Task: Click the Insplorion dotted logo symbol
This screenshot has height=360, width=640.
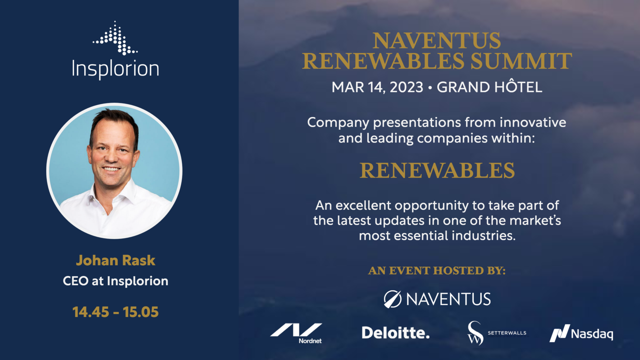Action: [115, 38]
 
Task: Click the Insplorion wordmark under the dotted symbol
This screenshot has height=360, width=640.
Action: [115, 69]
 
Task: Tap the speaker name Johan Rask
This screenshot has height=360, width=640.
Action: [115, 260]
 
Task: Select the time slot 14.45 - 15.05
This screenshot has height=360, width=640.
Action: [115, 312]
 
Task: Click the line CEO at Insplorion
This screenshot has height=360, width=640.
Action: [115, 281]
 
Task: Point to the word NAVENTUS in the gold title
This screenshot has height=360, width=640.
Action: [437, 41]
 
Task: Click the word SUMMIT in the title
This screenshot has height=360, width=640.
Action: [521, 61]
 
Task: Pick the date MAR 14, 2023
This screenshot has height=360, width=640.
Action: [377, 87]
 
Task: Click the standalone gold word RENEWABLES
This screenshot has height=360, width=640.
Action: [437, 170]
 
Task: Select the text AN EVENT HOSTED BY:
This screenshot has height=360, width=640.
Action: [437, 270]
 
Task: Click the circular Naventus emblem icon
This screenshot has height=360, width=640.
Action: [392, 299]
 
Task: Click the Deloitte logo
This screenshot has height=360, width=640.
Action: [396, 333]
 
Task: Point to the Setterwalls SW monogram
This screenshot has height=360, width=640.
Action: [475, 333]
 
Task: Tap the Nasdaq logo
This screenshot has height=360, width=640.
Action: [581, 333]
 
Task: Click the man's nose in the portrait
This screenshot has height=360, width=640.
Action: [111, 156]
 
